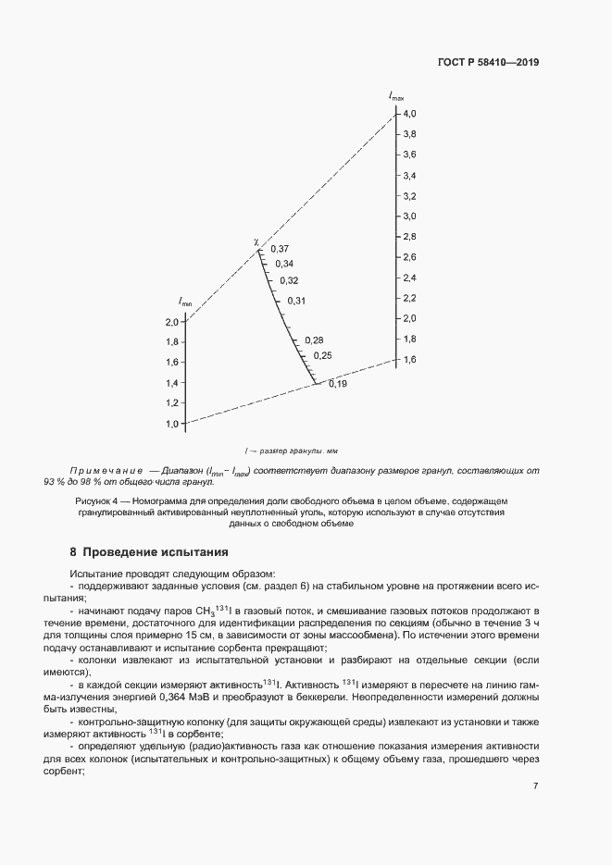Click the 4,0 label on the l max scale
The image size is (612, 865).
click(409, 113)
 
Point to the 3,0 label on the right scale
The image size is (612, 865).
click(409, 216)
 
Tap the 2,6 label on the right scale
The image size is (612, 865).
click(409, 256)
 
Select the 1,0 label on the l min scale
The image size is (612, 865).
click(171, 424)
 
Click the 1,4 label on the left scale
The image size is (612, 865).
click(171, 383)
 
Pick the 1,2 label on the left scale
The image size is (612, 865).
click(171, 403)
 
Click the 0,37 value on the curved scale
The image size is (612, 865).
click(280, 249)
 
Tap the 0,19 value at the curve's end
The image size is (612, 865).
click(337, 384)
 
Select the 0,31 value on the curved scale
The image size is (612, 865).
click(296, 301)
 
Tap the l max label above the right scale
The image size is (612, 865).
click(396, 96)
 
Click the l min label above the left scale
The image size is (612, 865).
click(185, 303)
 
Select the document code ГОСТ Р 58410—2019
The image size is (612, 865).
click(488, 63)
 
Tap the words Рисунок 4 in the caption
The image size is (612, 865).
click(97, 500)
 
